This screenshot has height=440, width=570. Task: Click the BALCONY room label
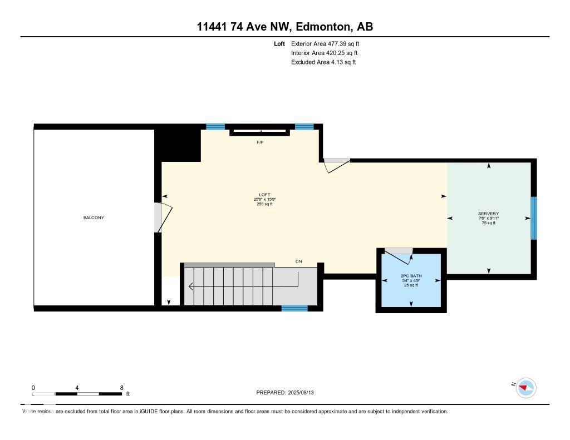point(94,217)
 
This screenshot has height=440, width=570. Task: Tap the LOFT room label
point(264,195)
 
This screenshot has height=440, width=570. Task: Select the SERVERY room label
point(488,214)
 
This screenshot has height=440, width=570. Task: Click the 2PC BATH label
point(411,276)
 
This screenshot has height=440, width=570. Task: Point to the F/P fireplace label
point(259,143)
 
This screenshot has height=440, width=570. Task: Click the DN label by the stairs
point(299,261)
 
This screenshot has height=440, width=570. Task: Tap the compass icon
point(525,388)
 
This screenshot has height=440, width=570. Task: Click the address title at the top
point(284,27)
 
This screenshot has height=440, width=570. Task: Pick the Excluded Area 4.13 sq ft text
point(323,62)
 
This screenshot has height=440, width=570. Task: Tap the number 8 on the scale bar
point(121,388)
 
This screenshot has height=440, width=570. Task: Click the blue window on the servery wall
point(533,218)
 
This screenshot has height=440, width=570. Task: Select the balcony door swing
point(163,217)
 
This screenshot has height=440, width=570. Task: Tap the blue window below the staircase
point(294,308)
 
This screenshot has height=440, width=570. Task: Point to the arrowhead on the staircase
point(191,287)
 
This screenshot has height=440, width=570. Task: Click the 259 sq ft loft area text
point(264,204)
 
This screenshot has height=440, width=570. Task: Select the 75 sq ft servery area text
point(488,223)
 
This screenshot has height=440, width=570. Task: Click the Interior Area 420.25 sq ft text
point(324,53)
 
